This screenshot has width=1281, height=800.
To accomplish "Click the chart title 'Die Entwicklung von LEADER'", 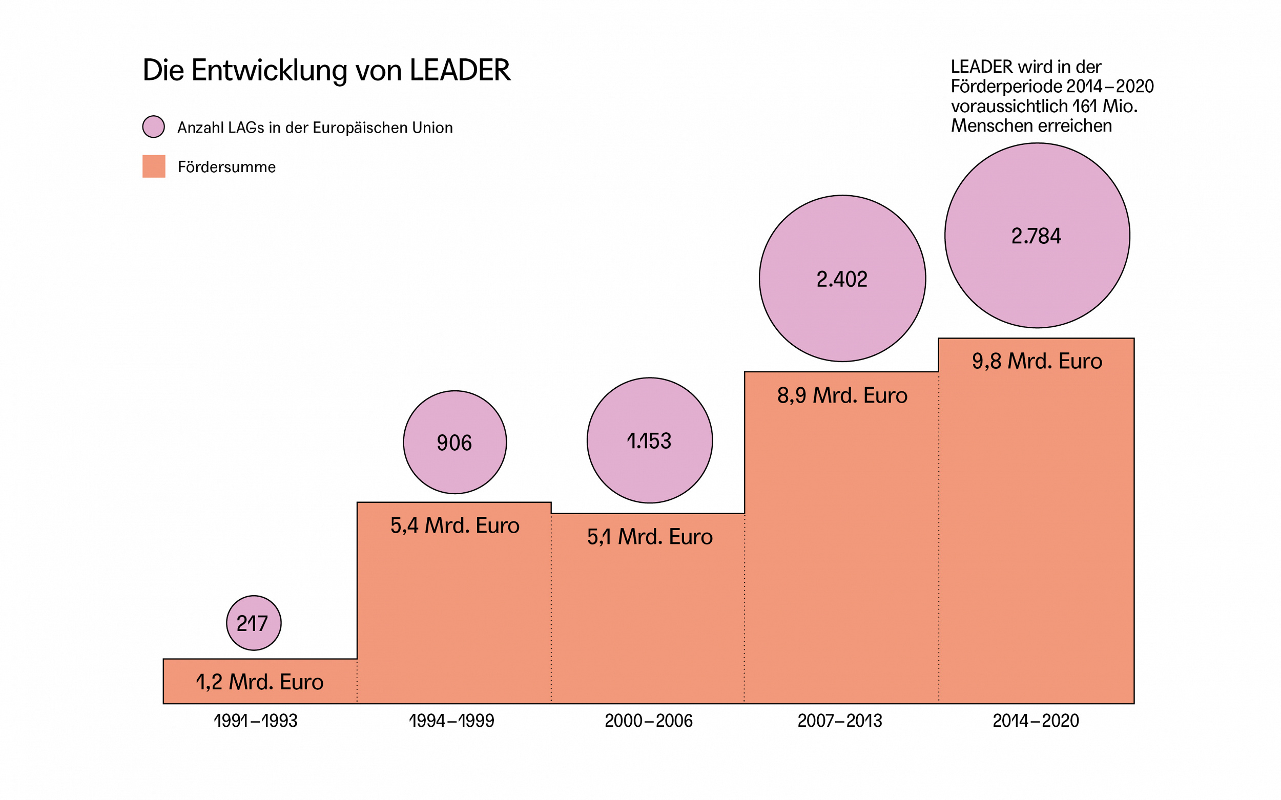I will [x=326, y=70].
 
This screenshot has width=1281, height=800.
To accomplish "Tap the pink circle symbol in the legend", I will [x=154, y=127].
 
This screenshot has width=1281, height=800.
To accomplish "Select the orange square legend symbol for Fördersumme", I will [x=154, y=166].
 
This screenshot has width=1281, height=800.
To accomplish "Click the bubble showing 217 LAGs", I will [x=254, y=623].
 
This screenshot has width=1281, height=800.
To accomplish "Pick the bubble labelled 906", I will [x=454, y=443].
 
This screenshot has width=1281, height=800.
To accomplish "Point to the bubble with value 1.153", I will [x=650, y=440].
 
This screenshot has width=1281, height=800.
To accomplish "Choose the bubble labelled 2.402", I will [x=842, y=279].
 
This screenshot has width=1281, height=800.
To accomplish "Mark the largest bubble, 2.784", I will [x=1037, y=236].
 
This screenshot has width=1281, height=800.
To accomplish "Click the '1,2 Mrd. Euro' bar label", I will [x=259, y=682].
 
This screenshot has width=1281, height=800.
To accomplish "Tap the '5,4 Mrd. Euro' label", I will [x=454, y=525].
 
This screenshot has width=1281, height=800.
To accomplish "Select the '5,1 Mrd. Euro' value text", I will [x=650, y=537].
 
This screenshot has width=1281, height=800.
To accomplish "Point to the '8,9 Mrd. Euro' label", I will [x=842, y=395].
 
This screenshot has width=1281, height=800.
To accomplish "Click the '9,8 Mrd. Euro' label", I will [x=1037, y=361].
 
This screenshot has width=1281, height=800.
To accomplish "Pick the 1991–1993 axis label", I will [x=256, y=721].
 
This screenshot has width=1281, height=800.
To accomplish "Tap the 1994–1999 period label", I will [x=451, y=721].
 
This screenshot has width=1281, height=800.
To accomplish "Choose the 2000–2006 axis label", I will [x=648, y=721].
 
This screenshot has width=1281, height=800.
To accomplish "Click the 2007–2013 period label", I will [x=839, y=721].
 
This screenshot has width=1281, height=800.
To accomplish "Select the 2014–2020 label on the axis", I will [x=1036, y=721].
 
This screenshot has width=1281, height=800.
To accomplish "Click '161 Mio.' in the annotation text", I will [x=1104, y=107].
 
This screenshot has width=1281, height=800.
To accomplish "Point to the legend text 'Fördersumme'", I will [x=226, y=167].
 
